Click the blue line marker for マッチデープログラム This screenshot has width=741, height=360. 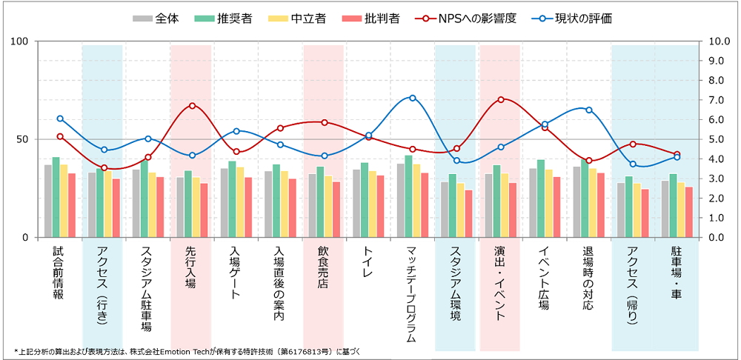(x=413, y=98)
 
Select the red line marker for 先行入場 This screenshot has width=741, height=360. (x=192, y=106)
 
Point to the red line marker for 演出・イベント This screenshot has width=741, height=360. (x=501, y=99)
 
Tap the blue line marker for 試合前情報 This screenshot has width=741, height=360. (x=60, y=119)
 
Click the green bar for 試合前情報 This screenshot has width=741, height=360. (x=56, y=197)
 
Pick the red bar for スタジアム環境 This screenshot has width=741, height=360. (x=468, y=213)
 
